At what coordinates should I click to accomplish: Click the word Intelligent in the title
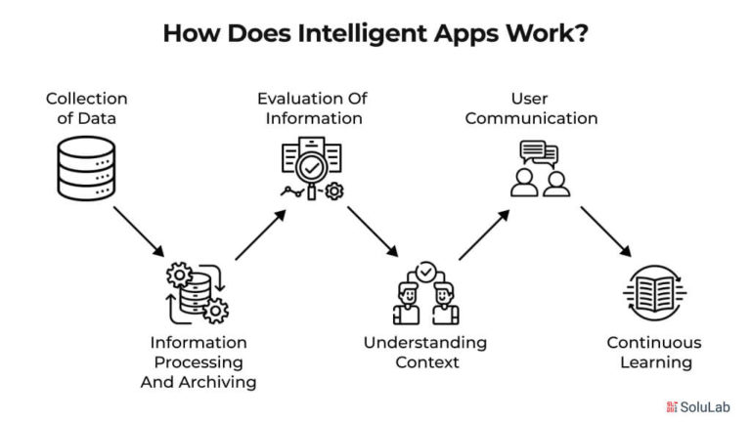[x=361, y=34]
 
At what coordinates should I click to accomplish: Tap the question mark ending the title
[x=581, y=32]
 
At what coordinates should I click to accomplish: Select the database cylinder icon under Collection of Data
[x=86, y=168]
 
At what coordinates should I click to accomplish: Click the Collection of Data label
[x=87, y=108]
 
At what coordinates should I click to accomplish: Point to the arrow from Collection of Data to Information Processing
[x=139, y=232]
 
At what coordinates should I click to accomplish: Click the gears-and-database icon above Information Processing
[x=198, y=293]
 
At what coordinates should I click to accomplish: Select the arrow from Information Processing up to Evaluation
[x=260, y=234]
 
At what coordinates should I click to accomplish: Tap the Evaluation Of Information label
[x=313, y=108]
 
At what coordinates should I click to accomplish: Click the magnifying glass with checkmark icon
[x=311, y=169]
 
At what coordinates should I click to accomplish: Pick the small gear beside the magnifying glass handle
[x=333, y=191]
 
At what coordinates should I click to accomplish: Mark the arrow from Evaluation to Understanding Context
[x=374, y=232]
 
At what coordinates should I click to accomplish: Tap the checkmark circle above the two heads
[x=425, y=272]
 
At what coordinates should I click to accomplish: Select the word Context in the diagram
[x=427, y=362]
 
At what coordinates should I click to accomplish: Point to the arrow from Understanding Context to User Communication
[x=484, y=234]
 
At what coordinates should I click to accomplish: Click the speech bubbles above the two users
[x=540, y=153]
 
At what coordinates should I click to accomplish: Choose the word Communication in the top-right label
[x=531, y=118]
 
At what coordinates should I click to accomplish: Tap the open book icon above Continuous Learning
[x=655, y=293]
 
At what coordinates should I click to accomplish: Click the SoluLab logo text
[x=704, y=407]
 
